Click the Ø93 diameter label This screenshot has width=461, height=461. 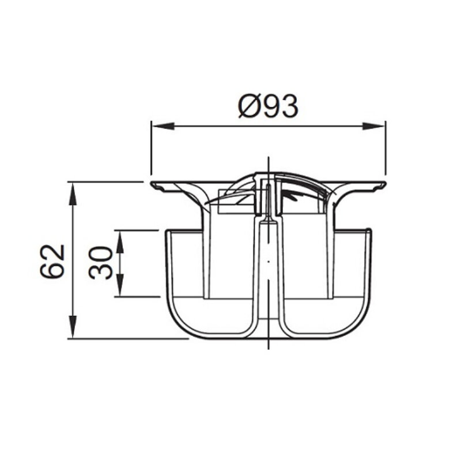coord(268,106)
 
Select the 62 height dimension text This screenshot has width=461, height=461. coord(52,261)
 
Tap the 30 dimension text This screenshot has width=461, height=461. coord(100,263)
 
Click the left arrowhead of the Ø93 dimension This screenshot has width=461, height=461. coord(163,126)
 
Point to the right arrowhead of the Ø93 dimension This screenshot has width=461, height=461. coord(374,126)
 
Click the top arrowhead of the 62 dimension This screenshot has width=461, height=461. coord(73,194)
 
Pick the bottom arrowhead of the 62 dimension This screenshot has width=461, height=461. coord(73,327)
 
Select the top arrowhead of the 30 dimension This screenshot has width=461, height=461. coord(119,241)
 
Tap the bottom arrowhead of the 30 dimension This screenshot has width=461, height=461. coord(119,285)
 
